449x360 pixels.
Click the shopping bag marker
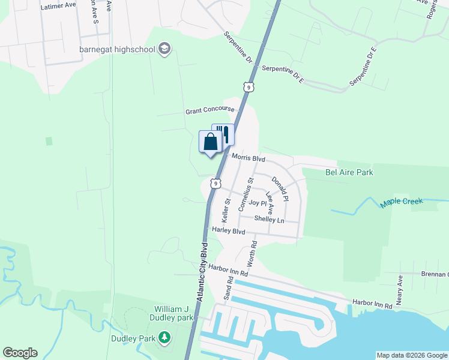210,143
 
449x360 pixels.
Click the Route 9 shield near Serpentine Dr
248,87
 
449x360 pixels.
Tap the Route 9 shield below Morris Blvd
214,182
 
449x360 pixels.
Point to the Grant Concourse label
209,111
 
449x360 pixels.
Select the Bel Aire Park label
349,172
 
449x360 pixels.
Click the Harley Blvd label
229,230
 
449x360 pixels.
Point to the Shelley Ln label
268,219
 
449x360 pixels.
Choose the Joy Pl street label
257,203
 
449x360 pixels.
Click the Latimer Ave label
58,5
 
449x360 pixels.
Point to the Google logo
20,353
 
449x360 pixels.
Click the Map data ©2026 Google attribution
412,355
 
